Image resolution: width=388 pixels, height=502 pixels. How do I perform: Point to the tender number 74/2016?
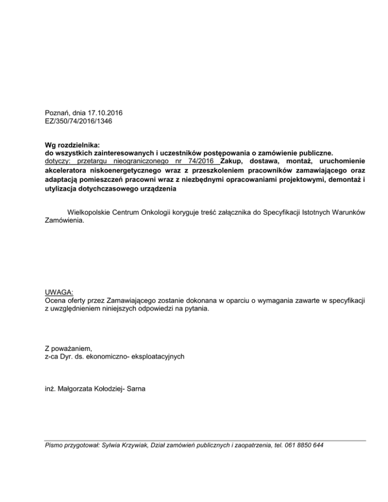(200, 160)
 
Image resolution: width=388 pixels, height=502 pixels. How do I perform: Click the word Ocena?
(55, 301)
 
